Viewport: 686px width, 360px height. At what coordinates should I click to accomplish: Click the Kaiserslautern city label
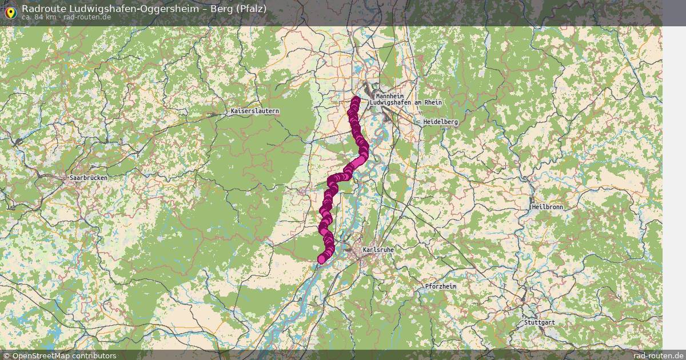(255, 111)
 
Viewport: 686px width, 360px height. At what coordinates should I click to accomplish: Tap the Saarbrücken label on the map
(88, 178)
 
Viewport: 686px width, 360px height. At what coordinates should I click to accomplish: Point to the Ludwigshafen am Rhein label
(406, 102)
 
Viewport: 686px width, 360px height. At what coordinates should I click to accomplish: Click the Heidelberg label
(440, 122)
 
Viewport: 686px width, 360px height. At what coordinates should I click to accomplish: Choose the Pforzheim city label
(441, 286)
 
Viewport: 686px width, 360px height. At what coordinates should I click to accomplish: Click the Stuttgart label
(539, 322)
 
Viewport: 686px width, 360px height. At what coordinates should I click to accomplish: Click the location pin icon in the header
(10, 11)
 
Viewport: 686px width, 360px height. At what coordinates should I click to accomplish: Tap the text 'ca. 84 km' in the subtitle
(39, 17)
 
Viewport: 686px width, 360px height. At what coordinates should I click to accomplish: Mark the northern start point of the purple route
(356, 101)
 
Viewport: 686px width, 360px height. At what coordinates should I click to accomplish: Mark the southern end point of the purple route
(322, 259)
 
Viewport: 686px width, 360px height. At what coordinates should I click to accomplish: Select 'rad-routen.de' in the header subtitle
(87, 17)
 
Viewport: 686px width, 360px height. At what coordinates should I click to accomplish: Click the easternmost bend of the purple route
(364, 151)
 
